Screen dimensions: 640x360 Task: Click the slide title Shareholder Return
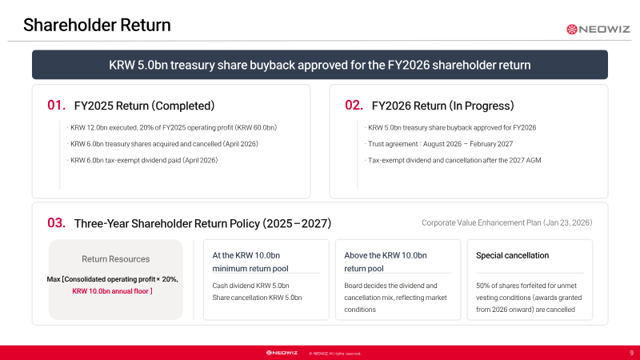97,26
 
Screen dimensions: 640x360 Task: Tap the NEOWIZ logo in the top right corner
598,29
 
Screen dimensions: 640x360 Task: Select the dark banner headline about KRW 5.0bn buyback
319,65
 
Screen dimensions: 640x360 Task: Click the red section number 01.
56,106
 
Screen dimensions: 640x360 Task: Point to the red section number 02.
354,106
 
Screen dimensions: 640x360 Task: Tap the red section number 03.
56,223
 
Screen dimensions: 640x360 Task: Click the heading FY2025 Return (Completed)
144,106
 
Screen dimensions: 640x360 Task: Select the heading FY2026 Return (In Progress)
443,106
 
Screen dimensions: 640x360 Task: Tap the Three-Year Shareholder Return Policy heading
202,224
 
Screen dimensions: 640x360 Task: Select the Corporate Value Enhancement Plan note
507,223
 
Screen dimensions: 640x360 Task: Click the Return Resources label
115,259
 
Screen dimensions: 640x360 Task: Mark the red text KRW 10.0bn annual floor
112,291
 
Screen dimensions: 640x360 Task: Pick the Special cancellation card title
512,255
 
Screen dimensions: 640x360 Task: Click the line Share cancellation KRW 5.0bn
257,298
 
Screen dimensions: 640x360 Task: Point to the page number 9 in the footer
631,353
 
